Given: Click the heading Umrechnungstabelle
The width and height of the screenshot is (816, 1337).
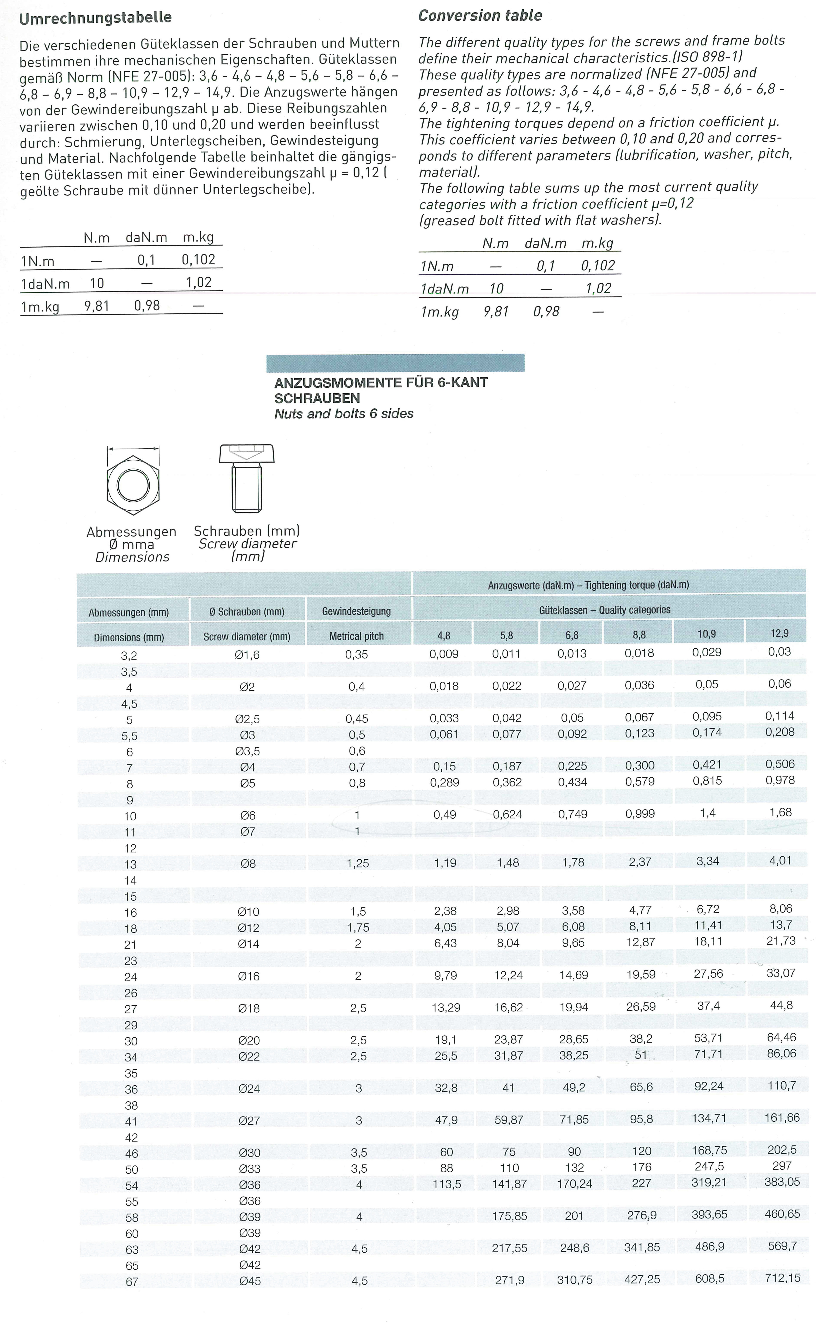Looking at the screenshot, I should point(95,18).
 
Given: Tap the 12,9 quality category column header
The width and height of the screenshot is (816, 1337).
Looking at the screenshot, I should point(779,633).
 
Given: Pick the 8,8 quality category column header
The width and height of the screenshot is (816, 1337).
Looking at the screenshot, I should point(639,634).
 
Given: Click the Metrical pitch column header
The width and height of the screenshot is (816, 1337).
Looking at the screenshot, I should point(356,636).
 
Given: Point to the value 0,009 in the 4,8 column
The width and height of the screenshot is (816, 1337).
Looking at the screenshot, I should point(444,654).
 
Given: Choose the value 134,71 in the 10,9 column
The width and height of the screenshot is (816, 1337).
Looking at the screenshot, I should point(709,1118).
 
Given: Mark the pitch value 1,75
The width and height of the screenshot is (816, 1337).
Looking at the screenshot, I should point(358,928).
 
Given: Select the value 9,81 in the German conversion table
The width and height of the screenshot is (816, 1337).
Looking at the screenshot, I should point(96,306).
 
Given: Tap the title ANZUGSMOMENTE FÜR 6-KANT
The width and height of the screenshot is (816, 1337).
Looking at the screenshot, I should point(381,383).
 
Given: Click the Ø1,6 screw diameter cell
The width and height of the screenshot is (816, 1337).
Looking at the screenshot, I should point(247,655).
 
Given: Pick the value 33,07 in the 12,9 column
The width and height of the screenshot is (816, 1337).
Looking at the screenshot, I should point(781,973).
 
